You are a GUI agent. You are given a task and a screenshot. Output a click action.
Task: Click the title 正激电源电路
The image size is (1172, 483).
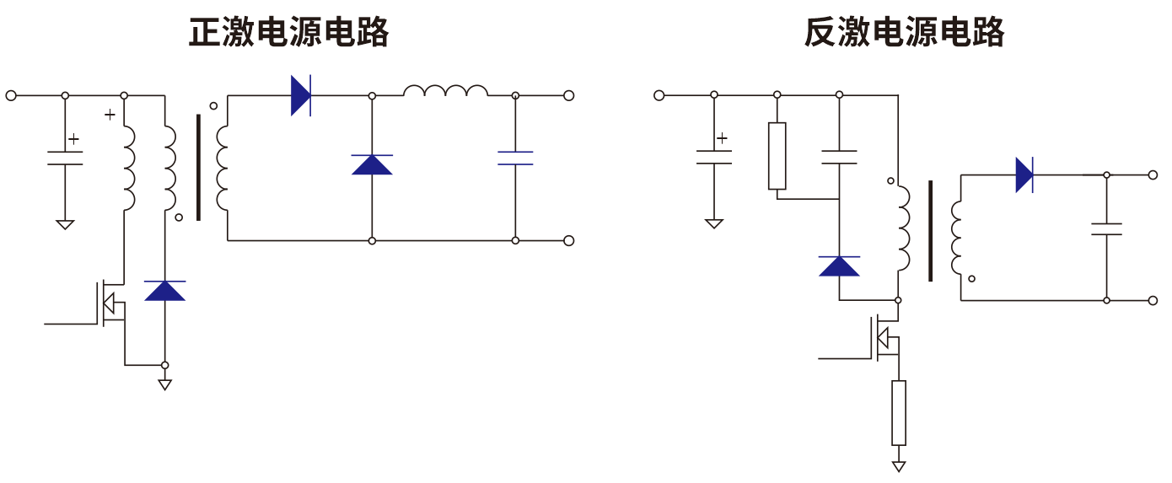coord(288,33)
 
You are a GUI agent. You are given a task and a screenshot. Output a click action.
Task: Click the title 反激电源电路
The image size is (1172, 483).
coord(904,33)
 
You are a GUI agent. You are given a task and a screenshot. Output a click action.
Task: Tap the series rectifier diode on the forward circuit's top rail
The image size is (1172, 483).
coord(301,95)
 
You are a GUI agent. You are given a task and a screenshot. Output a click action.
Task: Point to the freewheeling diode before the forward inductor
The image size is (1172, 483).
coord(372,164)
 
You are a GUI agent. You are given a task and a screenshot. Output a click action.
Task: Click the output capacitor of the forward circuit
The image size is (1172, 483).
coord(515,158)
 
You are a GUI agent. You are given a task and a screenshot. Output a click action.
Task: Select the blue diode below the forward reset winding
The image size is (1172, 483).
coord(164,291)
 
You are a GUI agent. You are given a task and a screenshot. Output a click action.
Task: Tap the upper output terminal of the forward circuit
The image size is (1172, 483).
coord(568,95)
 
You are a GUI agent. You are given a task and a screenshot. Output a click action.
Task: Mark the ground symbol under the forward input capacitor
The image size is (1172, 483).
coord(65,224)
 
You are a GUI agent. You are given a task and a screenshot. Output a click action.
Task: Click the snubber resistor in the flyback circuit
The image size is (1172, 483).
coord(777,156)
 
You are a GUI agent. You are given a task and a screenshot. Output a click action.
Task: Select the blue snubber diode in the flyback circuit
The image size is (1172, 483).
coord(840,266)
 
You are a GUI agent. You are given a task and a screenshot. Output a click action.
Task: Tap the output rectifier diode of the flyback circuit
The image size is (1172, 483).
coord(1024,175)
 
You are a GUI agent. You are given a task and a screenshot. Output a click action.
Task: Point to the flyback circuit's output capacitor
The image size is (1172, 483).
coord(1106,228)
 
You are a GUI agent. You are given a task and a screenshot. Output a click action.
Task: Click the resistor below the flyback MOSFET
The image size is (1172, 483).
coord(899,412)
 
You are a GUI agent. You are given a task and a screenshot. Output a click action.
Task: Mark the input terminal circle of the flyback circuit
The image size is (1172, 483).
coord(659,95)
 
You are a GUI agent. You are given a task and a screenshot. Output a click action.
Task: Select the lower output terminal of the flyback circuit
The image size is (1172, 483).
coord(1153,300)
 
